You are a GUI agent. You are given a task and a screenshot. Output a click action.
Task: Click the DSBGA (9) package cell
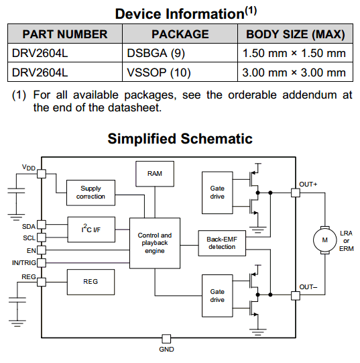click(180, 53)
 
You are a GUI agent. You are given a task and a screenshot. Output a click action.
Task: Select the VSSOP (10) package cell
click(180, 72)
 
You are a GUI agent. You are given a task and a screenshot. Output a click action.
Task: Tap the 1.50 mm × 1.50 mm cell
click(295, 53)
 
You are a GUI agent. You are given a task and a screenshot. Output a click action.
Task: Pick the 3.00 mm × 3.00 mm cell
click(295, 72)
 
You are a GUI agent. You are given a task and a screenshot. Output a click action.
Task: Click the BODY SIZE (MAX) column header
click(295, 34)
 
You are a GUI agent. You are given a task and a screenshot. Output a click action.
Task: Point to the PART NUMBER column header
click(65, 34)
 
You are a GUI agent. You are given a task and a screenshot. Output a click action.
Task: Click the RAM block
click(155, 174)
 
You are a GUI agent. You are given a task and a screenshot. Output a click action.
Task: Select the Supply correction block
click(91, 193)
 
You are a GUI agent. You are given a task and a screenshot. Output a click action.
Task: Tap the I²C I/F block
click(91, 229)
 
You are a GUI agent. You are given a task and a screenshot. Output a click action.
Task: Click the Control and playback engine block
click(155, 243)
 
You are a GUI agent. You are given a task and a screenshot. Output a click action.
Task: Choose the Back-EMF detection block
click(222, 243)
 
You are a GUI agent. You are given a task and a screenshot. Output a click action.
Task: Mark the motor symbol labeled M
click(325, 240)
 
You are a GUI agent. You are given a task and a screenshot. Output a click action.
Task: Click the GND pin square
click(166, 339)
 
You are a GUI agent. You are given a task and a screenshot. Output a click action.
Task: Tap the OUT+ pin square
click(296, 193)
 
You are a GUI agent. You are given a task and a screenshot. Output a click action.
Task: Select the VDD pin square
click(42, 174)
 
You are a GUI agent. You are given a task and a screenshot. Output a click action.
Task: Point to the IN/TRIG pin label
click(24, 263)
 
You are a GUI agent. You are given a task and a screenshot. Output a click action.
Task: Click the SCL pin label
click(29, 238)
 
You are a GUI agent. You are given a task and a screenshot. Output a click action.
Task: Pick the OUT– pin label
click(308, 287)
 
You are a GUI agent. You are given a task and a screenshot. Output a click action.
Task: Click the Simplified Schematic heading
click(180, 139)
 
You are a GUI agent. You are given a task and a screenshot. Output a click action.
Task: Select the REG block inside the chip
click(91, 282)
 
